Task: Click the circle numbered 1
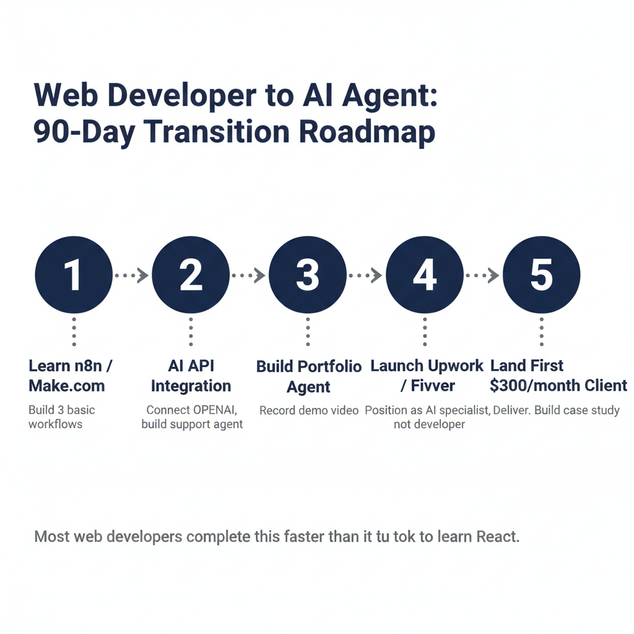(74, 275)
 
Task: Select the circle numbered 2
(191, 275)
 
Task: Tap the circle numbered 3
(308, 275)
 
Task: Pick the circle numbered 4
(425, 275)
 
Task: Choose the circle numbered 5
(541, 275)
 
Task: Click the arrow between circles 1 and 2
(132, 276)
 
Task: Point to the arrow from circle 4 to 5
(483, 276)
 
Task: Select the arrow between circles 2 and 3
(249, 276)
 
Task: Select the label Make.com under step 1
(67, 386)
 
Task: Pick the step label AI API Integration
(191, 376)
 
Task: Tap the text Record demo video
(309, 410)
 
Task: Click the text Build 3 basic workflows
(62, 417)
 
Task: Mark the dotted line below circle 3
(308, 332)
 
